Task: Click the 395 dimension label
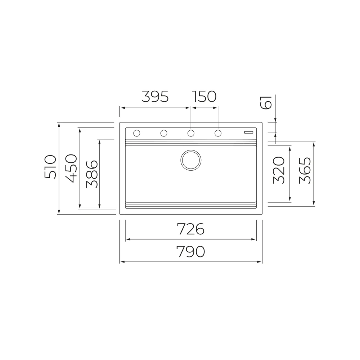155,96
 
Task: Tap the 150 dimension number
204,96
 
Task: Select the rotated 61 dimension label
266,102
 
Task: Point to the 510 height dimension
50,167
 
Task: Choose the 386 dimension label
92,174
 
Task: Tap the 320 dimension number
279,170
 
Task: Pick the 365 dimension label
305,170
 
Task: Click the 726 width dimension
190,229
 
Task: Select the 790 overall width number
190,251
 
